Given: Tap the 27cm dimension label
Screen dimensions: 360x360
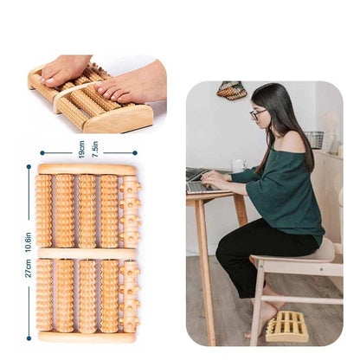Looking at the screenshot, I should click(x=27, y=268).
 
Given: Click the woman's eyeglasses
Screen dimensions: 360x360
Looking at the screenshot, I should click(x=257, y=113).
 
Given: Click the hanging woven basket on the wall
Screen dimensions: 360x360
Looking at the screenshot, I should click(x=231, y=90).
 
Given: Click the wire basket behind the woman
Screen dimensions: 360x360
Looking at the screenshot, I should click(x=314, y=139).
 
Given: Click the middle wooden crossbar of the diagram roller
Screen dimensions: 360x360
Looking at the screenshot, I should click(x=87, y=254).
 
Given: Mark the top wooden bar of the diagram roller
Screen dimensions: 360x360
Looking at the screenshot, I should click(x=87, y=170).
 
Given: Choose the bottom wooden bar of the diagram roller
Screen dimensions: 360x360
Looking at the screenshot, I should click(x=87, y=337).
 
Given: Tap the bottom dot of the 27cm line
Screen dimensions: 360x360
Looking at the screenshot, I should click(x=29, y=337).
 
